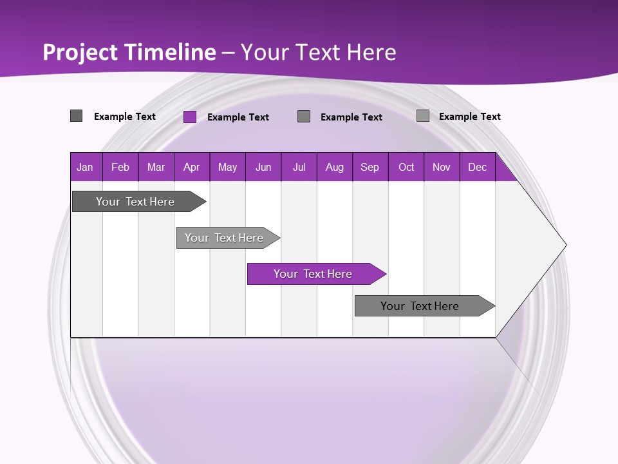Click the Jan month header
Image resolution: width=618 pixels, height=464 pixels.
(85, 167)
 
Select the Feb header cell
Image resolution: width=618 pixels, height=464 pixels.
(120, 167)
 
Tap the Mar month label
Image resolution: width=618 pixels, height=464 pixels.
(156, 167)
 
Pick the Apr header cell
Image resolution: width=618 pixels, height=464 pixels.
(192, 167)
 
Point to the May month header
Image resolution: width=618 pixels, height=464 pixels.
(227, 167)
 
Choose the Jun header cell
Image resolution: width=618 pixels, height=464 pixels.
(263, 167)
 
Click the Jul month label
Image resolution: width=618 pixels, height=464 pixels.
(299, 167)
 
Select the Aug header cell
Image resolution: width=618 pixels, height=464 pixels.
(335, 167)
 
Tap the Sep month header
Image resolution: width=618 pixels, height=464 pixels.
(370, 167)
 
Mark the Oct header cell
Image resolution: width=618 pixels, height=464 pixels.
(406, 167)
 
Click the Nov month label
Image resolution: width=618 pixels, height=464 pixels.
(442, 167)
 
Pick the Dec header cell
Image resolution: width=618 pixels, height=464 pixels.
(478, 167)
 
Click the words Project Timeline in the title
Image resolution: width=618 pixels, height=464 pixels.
(129, 52)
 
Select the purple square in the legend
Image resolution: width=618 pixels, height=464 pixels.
(190, 117)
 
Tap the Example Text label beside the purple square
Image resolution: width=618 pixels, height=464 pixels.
(238, 117)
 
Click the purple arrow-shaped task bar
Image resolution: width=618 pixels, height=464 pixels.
(314, 274)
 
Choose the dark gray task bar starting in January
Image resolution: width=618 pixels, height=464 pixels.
(136, 202)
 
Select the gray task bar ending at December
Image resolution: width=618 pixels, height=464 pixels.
(420, 306)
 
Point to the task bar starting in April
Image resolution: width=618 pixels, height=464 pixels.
(225, 238)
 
